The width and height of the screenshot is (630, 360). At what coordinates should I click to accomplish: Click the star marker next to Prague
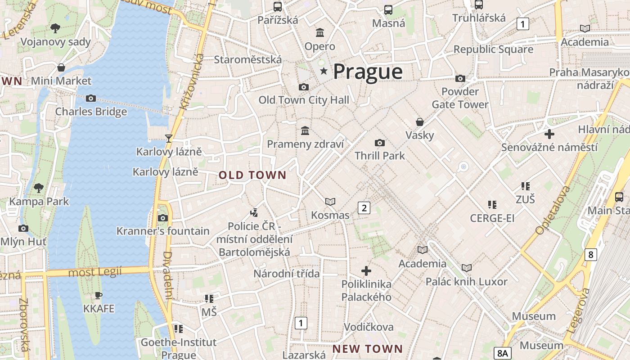323,71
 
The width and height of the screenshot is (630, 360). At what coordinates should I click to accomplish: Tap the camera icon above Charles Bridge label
91,98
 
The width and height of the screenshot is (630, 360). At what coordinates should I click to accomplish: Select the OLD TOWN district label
252,175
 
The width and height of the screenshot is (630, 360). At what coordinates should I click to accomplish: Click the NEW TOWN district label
368,349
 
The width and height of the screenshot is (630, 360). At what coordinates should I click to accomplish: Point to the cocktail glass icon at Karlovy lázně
169,138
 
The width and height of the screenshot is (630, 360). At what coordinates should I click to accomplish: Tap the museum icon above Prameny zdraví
305,131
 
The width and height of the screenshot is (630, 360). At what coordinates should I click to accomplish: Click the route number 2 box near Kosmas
364,207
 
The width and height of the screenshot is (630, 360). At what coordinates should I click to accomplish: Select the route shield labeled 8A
502,353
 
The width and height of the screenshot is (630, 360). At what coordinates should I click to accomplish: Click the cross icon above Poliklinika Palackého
366,271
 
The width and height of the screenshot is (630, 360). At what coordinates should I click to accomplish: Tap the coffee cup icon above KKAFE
99,296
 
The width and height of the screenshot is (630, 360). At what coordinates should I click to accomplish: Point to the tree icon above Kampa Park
39,188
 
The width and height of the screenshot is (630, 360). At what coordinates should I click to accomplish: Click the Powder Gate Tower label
460,98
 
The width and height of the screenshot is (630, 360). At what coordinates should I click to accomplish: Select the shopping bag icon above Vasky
419,122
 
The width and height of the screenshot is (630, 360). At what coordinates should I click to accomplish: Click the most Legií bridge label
95,272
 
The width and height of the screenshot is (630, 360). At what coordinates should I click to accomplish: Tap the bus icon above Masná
388,9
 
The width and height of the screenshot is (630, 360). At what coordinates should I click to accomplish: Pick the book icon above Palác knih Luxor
467,268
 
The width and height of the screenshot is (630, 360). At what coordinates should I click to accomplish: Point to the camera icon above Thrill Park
379,143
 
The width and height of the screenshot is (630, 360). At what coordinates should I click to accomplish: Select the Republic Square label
493,49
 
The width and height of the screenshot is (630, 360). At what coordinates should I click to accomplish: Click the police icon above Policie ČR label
254,212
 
